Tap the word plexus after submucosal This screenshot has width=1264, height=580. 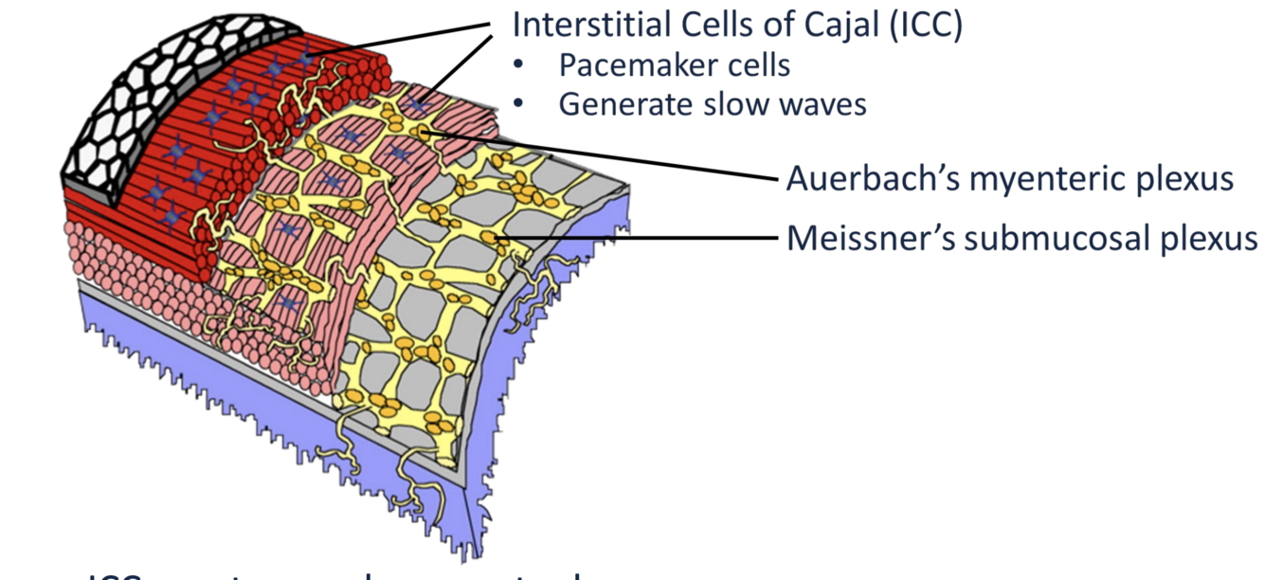pyautogui.click(x=1210, y=237)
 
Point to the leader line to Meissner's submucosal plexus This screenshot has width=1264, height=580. pyautogui.click(x=644, y=236)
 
